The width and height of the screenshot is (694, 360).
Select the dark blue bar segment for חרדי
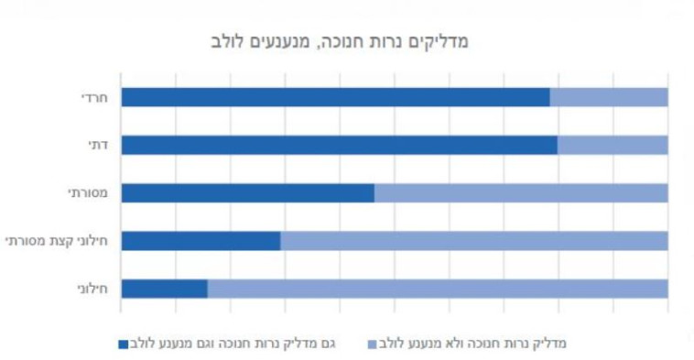[335, 97]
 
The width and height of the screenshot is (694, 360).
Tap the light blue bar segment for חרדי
[608, 97]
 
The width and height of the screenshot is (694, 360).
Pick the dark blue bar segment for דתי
[339, 145]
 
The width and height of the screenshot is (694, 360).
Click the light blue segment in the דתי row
[612, 145]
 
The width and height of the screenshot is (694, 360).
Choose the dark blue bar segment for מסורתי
[247, 192]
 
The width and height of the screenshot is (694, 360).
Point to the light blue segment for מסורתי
[520, 192]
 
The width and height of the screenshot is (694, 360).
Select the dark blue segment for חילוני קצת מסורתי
[201, 241]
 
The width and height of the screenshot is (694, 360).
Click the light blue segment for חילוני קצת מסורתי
[473, 241]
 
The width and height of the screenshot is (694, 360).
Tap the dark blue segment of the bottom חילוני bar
[164, 289]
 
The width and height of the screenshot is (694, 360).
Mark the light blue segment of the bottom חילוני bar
[437, 289]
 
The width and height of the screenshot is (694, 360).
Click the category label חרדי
[94, 97]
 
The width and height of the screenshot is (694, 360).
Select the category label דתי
[98, 145]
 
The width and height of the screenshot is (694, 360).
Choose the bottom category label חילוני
[92, 289]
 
